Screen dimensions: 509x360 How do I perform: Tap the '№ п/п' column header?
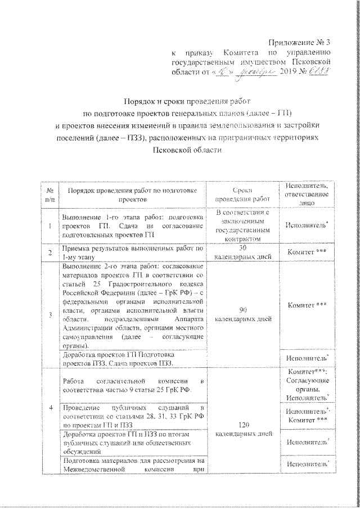50,195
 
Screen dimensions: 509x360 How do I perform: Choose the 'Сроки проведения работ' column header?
243,195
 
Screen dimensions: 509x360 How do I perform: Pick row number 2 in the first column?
50,252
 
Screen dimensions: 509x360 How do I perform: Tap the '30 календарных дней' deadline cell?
243,252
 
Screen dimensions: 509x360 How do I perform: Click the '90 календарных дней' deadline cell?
243,314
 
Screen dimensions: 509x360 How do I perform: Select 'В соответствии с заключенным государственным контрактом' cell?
243,226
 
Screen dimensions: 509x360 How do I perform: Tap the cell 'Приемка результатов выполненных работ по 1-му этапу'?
132,252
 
